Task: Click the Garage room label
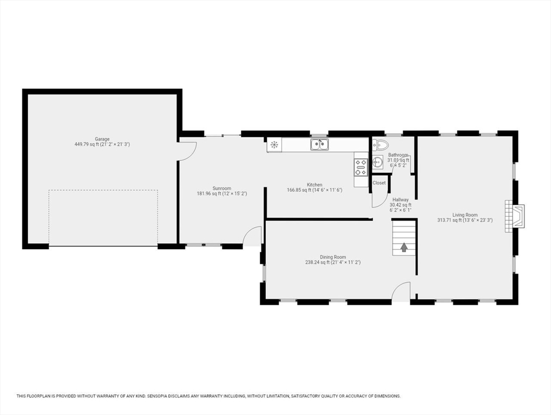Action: click(102, 139)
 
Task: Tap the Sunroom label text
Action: click(222, 188)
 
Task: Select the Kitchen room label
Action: click(314, 185)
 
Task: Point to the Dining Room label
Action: click(333, 257)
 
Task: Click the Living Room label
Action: click(465, 215)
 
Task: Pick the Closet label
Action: click(379, 183)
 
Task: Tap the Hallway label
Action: click(401, 199)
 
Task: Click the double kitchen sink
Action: click(319, 144)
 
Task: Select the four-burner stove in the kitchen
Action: click(361, 168)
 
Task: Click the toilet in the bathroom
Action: click(380, 144)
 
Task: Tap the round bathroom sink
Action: click(378, 162)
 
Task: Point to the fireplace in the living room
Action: click(515, 216)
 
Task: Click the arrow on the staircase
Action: click(404, 247)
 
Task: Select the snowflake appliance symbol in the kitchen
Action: click(274, 144)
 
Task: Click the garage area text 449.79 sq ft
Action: click(87, 144)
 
